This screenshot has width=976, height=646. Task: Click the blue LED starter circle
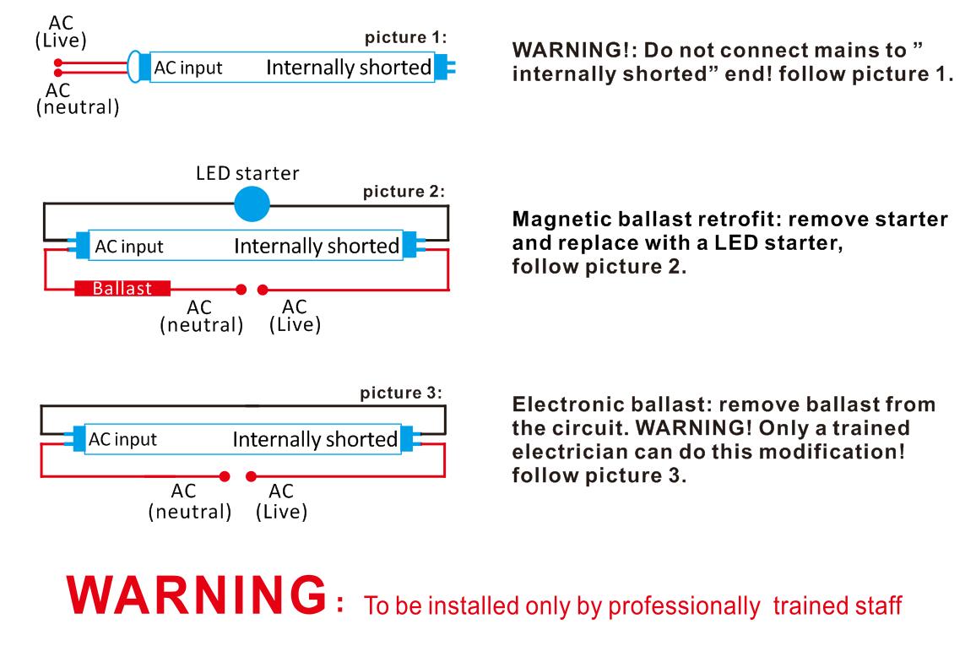[251, 204]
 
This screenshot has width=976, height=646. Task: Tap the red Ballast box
[122, 289]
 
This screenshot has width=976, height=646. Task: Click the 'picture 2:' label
[403, 191]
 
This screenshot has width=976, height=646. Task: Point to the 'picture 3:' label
[400, 394]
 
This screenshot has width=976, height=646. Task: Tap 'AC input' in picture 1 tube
[188, 68]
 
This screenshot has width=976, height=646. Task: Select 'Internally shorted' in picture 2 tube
[316, 247]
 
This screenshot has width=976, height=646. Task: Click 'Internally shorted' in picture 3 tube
[314, 440]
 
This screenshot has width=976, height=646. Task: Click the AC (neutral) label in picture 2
[201, 317]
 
